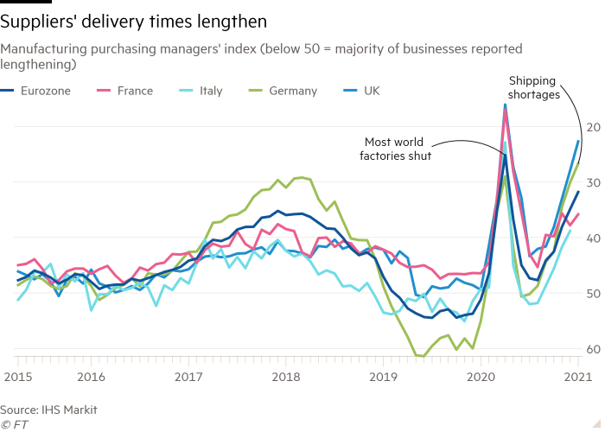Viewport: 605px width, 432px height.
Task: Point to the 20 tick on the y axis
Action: (595, 127)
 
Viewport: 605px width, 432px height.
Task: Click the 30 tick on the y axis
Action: (595, 182)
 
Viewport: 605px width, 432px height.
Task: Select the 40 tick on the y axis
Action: (595, 238)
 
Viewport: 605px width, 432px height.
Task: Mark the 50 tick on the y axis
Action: (595, 294)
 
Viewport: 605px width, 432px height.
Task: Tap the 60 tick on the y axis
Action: (595, 349)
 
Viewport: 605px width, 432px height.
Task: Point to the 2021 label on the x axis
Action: (577, 378)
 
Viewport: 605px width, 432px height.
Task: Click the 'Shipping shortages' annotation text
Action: (532, 89)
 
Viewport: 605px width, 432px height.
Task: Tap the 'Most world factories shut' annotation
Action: (395, 149)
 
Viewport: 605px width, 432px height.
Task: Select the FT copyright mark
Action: (12, 424)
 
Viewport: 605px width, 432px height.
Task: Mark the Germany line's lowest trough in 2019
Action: (420, 355)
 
